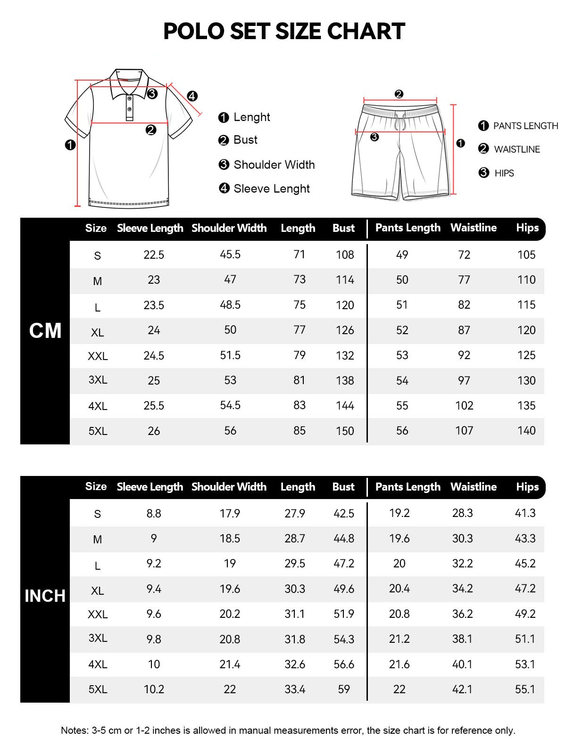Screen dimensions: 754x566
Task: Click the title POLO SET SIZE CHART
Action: (284, 32)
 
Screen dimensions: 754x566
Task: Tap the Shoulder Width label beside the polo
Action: (274, 165)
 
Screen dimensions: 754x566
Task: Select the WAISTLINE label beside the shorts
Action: (516, 149)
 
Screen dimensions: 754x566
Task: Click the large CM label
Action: (45, 331)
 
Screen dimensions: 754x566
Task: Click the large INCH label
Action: (45, 596)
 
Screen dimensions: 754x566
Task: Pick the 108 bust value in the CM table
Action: (345, 255)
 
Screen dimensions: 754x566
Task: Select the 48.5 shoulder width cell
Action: (230, 305)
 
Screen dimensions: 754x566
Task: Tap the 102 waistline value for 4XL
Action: (464, 406)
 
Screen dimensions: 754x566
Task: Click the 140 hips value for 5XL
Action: (526, 431)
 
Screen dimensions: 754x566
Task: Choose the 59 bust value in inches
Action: (344, 689)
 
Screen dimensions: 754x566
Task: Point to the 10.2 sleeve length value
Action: (154, 689)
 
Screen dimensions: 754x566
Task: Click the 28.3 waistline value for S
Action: (462, 513)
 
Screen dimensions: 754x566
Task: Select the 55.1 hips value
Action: (525, 689)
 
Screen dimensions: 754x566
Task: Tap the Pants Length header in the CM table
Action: (408, 228)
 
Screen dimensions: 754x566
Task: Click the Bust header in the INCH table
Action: (343, 487)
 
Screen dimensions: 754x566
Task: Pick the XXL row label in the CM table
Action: (98, 356)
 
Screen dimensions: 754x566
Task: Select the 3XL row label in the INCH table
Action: (98, 638)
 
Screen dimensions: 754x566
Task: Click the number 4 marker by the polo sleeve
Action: (192, 97)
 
